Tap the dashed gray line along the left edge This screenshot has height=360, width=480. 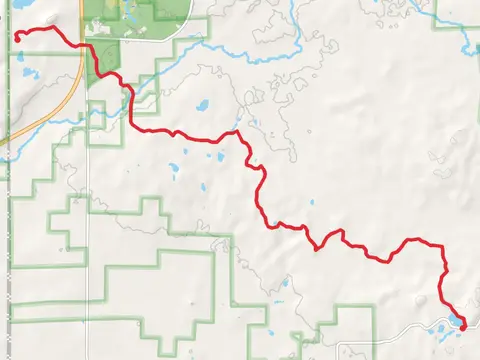[x=10, y=250]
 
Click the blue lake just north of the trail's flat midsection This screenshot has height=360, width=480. [x=204, y=104]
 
